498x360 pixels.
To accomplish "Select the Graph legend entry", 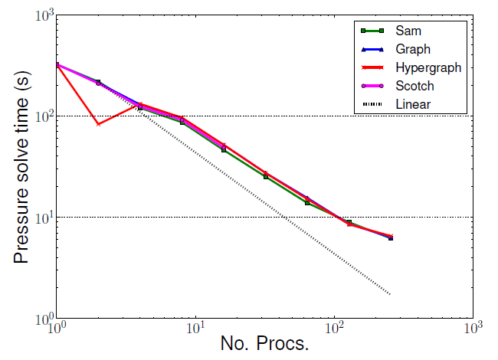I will pyautogui.click(x=413, y=50).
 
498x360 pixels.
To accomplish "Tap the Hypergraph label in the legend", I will pyautogui.click(x=428, y=67).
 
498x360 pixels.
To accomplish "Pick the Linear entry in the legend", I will pyautogui.click(x=413, y=103).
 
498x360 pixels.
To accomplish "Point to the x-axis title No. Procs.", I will pyautogui.click(x=264, y=342).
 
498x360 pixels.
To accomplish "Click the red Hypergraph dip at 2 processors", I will pyautogui.click(x=98, y=124).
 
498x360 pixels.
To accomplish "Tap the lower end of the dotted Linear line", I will pyautogui.click(x=391, y=294).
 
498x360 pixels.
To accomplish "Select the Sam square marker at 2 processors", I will pyautogui.click(x=98, y=82).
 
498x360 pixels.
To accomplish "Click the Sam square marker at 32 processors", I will pyautogui.click(x=265, y=176).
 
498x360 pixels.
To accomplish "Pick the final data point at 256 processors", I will pyautogui.click(x=391, y=237).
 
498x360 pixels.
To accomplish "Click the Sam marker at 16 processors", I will pyautogui.click(x=224, y=149).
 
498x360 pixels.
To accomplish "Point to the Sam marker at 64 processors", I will pyautogui.click(x=307, y=202).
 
